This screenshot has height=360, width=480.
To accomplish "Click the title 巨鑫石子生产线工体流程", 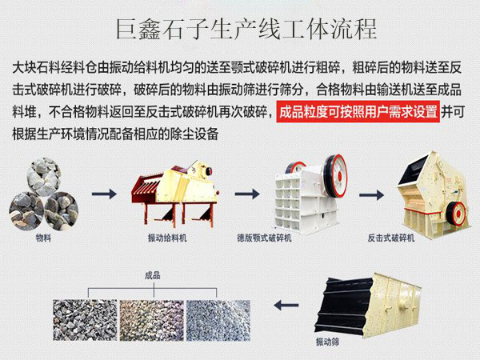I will point(240,29).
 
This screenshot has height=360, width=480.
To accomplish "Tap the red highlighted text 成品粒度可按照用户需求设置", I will point(358,111).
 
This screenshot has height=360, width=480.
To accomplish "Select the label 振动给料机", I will point(167,238).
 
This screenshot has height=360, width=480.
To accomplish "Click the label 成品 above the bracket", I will point(152,275).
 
